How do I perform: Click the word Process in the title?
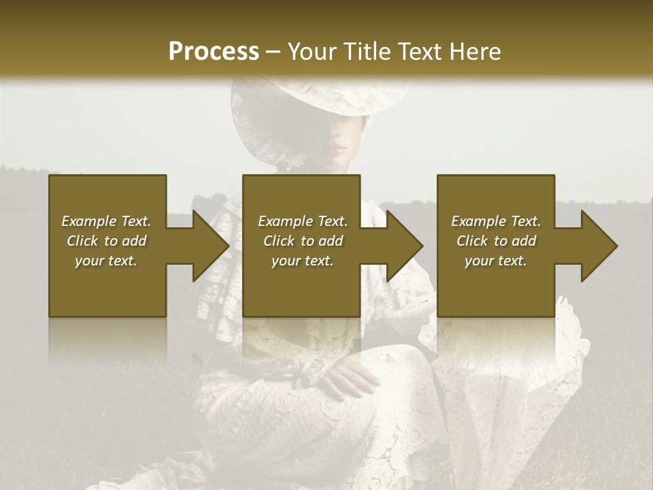pos(214,52)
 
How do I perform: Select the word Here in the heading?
pos(474,52)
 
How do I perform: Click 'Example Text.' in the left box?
pos(106,221)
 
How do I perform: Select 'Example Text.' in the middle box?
pos(302,221)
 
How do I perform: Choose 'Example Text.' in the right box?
pos(496,221)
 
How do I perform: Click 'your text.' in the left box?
pos(106,261)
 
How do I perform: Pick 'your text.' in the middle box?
pos(302,261)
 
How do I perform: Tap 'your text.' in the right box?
pos(496,261)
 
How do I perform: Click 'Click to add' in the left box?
pos(106,241)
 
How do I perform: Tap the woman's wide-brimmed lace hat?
pos(320,102)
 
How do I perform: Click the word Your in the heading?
pos(311,52)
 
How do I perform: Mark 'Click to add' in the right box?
pos(496,241)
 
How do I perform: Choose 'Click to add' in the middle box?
pos(302,241)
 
